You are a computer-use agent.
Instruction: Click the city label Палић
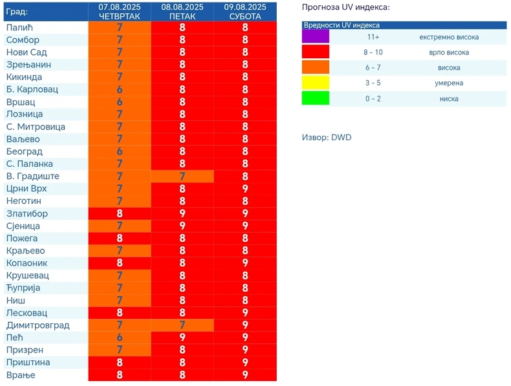point(19,28)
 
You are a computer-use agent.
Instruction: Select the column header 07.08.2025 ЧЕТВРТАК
point(119,12)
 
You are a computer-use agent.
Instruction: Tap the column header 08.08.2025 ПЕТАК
point(182,12)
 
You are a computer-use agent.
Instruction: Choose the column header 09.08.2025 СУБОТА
point(245,12)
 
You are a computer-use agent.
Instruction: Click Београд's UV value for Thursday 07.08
point(119,152)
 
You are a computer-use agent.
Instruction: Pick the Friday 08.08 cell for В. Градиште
point(182,177)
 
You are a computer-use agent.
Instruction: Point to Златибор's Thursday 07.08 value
point(119,214)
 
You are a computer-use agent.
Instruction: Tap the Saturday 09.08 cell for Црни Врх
point(245,189)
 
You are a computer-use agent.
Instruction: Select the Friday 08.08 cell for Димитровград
point(182,325)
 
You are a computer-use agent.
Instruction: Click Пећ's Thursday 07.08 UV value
point(119,338)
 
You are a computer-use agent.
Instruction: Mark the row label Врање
point(21,375)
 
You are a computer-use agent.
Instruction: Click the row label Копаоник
point(27,263)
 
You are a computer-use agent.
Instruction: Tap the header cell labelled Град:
point(17,12)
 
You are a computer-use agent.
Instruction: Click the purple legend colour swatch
point(316,37)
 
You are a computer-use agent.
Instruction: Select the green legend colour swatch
point(316,98)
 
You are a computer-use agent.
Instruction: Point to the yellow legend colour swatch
point(316,83)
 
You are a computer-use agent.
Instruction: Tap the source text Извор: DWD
point(327,138)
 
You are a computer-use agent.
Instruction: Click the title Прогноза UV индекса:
point(346,7)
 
